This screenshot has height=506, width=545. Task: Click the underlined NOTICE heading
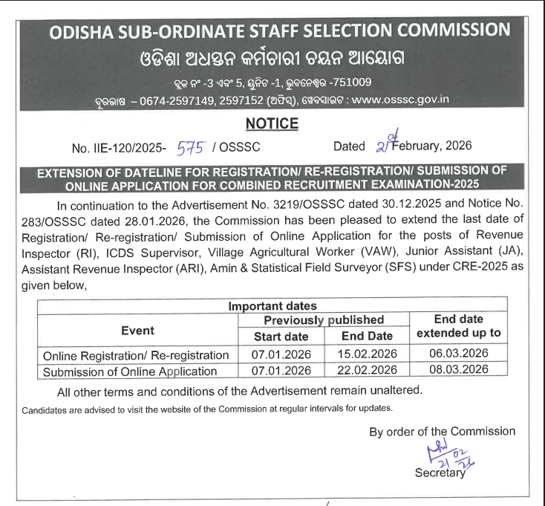(272, 123)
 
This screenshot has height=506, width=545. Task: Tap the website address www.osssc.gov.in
(400, 99)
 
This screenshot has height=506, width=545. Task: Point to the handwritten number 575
(189, 146)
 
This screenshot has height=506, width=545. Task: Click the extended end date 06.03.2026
(459, 353)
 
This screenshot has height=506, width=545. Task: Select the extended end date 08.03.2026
(459, 369)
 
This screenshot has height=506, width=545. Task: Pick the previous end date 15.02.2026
(367, 354)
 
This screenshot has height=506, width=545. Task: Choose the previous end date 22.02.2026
(367, 370)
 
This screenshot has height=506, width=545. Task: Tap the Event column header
(137, 330)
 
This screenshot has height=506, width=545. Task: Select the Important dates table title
(272, 305)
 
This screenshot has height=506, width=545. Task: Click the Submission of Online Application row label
(130, 371)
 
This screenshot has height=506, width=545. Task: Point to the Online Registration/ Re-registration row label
(136, 354)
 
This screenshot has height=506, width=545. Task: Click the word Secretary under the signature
(440, 473)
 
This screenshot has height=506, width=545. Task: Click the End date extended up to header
(459, 326)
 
